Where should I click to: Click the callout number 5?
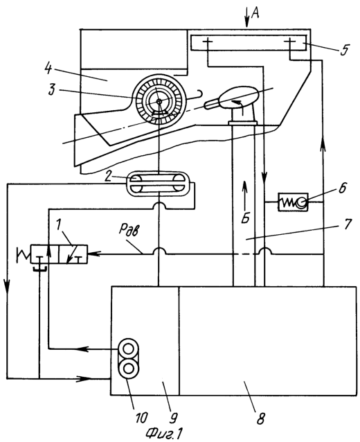click(x=343, y=50)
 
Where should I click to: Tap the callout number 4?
click(x=48, y=68)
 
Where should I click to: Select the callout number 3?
click(x=51, y=90)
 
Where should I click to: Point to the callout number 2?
click(x=107, y=176)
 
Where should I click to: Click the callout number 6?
click(x=342, y=188)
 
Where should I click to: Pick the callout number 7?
click(x=348, y=224)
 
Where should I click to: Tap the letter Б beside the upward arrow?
click(x=246, y=218)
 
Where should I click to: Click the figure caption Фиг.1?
click(x=164, y=433)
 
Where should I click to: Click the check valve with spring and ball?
click(x=293, y=202)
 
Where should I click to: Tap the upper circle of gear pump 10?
click(x=128, y=349)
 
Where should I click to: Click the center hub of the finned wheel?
click(x=159, y=101)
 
